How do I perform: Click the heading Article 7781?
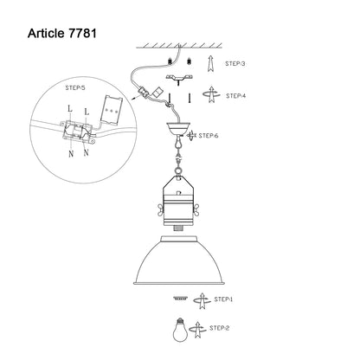pyautogui.click(x=62, y=34)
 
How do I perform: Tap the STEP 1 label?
pyautogui.click(x=223, y=299)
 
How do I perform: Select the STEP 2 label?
pyautogui.click(x=219, y=328)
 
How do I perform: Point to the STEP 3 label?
pyautogui.click(x=235, y=64)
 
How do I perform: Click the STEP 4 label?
pyautogui.click(x=236, y=96)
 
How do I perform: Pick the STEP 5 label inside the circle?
pyautogui.click(x=75, y=87)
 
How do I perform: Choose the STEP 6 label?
pyautogui.click(x=209, y=136)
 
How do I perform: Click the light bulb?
pyautogui.click(x=180, y=330)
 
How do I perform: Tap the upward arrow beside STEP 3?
pyautogui.click(x=211, y=63)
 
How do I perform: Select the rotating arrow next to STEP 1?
pyautogui.click(x=202, y=301)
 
